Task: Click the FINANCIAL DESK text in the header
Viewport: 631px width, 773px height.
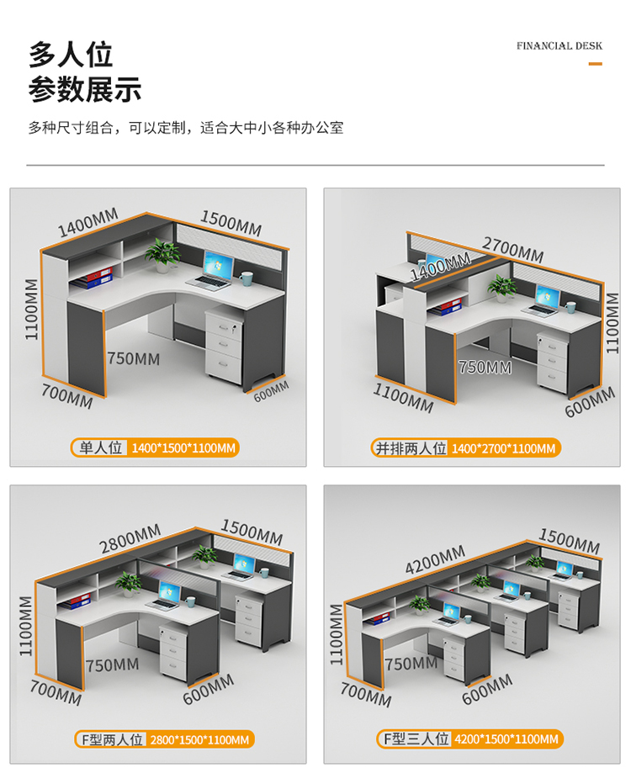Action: [559, 45]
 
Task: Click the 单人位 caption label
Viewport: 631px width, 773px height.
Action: [101, 447]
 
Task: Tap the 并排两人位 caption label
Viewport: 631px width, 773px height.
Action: [411, 447]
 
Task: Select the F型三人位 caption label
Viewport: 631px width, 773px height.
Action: [414, 739]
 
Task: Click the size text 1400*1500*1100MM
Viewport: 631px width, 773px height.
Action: [183, 447]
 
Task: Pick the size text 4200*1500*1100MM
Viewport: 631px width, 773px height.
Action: [506, 739]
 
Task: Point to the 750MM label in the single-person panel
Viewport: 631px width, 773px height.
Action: [133, 358]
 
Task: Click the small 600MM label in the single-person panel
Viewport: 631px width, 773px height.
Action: [271, 391]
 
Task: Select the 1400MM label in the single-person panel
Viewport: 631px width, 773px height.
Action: [87, 223]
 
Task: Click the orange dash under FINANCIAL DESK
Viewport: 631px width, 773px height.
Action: [595, 63]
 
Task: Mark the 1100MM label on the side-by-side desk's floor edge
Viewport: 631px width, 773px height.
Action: [403, 396]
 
